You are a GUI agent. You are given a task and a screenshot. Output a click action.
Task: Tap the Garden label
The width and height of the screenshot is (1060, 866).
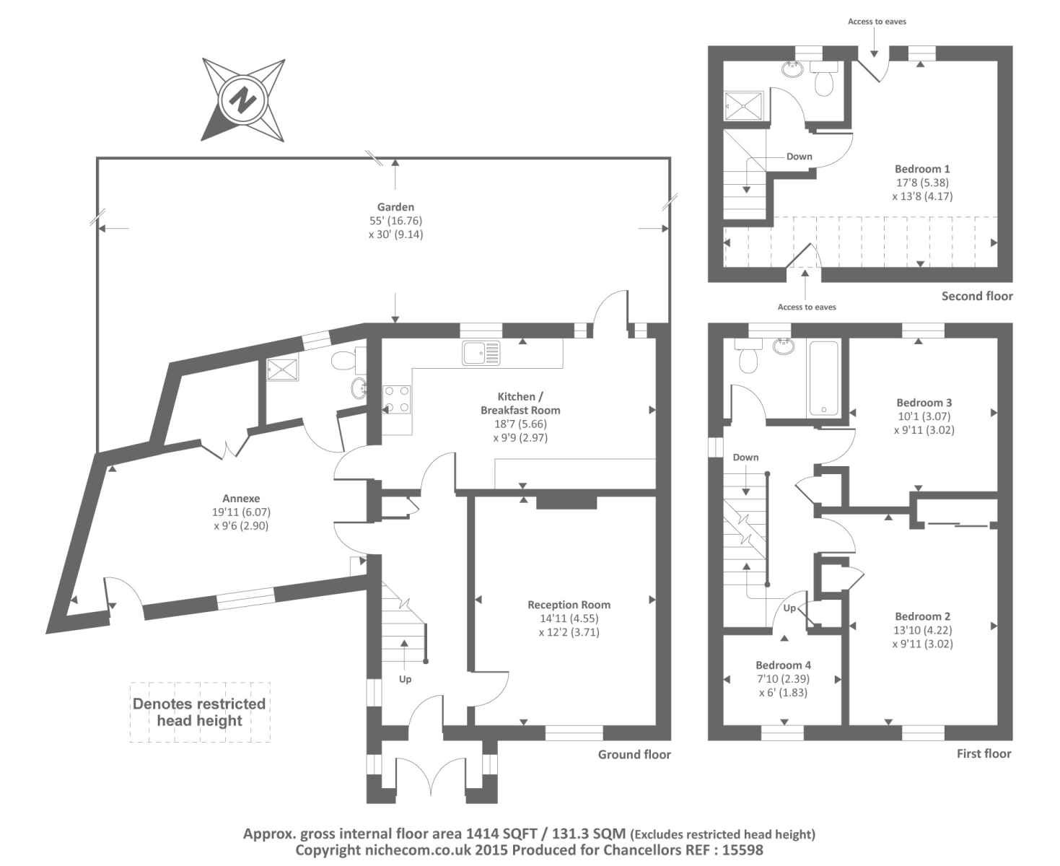click(x=395, y=207)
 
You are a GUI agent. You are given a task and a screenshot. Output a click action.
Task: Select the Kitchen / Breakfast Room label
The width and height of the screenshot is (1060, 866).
click(x=520, y=403)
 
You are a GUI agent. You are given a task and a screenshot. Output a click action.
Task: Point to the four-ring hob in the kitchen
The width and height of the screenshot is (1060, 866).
click(x=398, y=399)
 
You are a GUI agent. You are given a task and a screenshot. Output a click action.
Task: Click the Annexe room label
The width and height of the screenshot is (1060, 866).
click(x=241, y=499)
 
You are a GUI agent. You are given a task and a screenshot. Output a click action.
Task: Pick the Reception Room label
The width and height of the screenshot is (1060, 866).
click(x=569, y=605)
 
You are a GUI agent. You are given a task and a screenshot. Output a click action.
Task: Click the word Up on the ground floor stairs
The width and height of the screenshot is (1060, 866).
click(x=406, y=679)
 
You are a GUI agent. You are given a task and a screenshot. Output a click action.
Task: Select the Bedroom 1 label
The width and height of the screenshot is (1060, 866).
click(x=922, y=169)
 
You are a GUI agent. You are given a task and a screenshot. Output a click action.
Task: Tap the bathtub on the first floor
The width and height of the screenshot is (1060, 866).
click(x=824, y=377)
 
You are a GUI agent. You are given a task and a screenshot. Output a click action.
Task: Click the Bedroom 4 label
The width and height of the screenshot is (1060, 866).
click(x=783, y=665)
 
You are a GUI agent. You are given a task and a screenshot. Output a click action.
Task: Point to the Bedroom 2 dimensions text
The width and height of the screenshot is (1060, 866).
click(x=922, y=637)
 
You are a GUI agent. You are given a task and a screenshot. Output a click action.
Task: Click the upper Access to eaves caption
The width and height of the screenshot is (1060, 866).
click(x=877, y=22)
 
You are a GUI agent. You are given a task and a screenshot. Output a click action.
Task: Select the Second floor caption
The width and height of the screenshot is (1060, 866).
click(x=977, y=296)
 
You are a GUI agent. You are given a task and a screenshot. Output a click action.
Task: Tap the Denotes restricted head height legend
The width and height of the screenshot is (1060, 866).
click(x=199, y=712)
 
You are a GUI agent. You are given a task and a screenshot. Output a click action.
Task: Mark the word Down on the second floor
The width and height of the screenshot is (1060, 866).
click(x=799, y=157)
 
